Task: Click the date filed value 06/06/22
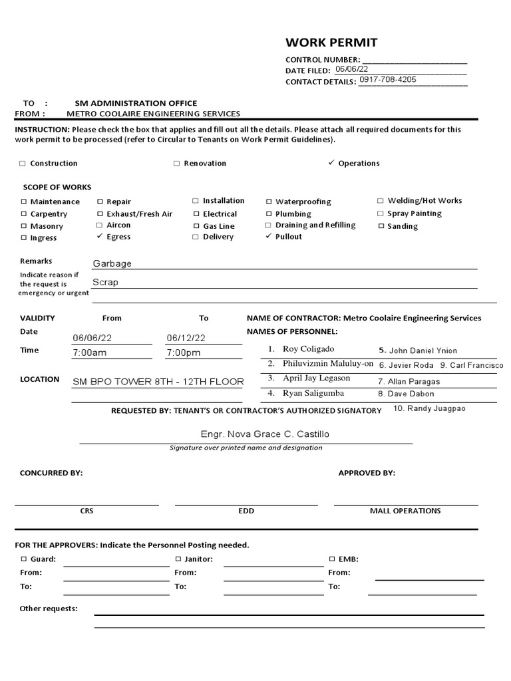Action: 351,69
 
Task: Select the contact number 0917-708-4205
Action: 388,80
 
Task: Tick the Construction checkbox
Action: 23,164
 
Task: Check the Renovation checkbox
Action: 176,164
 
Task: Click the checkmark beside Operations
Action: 331,163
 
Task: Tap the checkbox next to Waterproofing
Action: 269,202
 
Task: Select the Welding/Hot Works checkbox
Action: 381,200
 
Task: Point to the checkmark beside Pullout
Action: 269,236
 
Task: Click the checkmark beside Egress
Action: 100,236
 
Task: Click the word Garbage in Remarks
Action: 112,263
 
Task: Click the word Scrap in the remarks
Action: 105,282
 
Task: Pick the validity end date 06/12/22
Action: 186,338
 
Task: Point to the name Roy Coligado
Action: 308,349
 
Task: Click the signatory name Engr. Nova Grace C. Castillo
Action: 265,434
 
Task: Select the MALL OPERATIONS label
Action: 405,511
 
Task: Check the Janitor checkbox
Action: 178,559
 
